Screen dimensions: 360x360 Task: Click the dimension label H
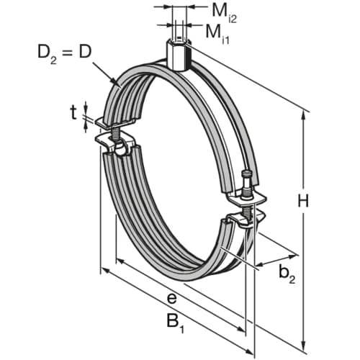[303, 201]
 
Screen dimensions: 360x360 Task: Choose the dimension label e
[171, 297]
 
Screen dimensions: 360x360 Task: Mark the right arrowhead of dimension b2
[295, 253]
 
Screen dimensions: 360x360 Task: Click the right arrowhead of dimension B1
[252, 353]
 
